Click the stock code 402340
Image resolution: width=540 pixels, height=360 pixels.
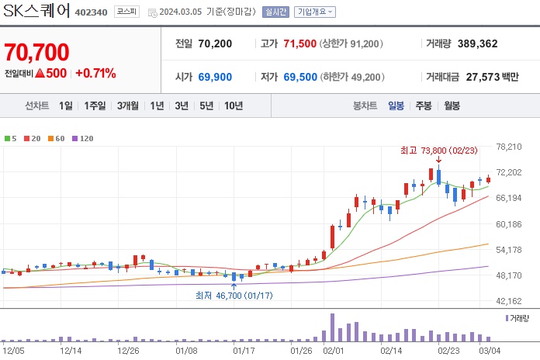coord(92,12)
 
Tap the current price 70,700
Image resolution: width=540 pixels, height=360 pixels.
coord(36,53)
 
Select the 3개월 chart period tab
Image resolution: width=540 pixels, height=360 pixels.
coord(128,106)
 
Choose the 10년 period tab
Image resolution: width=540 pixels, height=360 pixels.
coord(233,106)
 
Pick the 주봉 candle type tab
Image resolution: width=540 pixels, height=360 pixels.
coord(424,106)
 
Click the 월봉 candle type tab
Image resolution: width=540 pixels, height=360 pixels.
coord(452,106)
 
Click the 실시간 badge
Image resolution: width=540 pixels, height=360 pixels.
coord(275,12)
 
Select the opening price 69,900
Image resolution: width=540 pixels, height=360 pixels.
coord(215,77)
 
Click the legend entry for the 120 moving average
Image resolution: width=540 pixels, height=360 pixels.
coord(83,138)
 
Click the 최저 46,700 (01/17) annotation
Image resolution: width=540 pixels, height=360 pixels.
coord(234,295)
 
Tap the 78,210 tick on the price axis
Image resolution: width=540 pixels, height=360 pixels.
coord(518,147)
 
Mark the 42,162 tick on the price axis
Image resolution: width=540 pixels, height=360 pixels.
coord(518,301)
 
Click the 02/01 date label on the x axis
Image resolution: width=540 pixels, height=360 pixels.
coord(334,350)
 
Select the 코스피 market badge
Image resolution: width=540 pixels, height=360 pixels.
coord(126,12)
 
